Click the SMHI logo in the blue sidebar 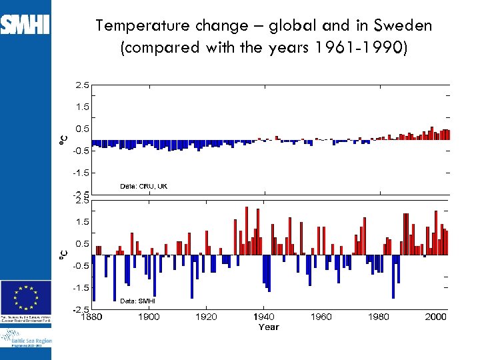25,25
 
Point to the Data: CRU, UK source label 143,186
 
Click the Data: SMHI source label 138,301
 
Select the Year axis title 269,327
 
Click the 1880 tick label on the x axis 91,317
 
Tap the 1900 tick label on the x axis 149,317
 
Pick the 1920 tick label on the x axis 206,317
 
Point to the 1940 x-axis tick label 264,317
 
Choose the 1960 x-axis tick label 321,317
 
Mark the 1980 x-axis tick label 379,317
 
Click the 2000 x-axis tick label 436,317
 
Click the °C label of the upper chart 63,139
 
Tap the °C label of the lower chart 63,254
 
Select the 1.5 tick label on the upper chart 82,107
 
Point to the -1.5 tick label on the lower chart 81,288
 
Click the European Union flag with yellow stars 26,295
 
